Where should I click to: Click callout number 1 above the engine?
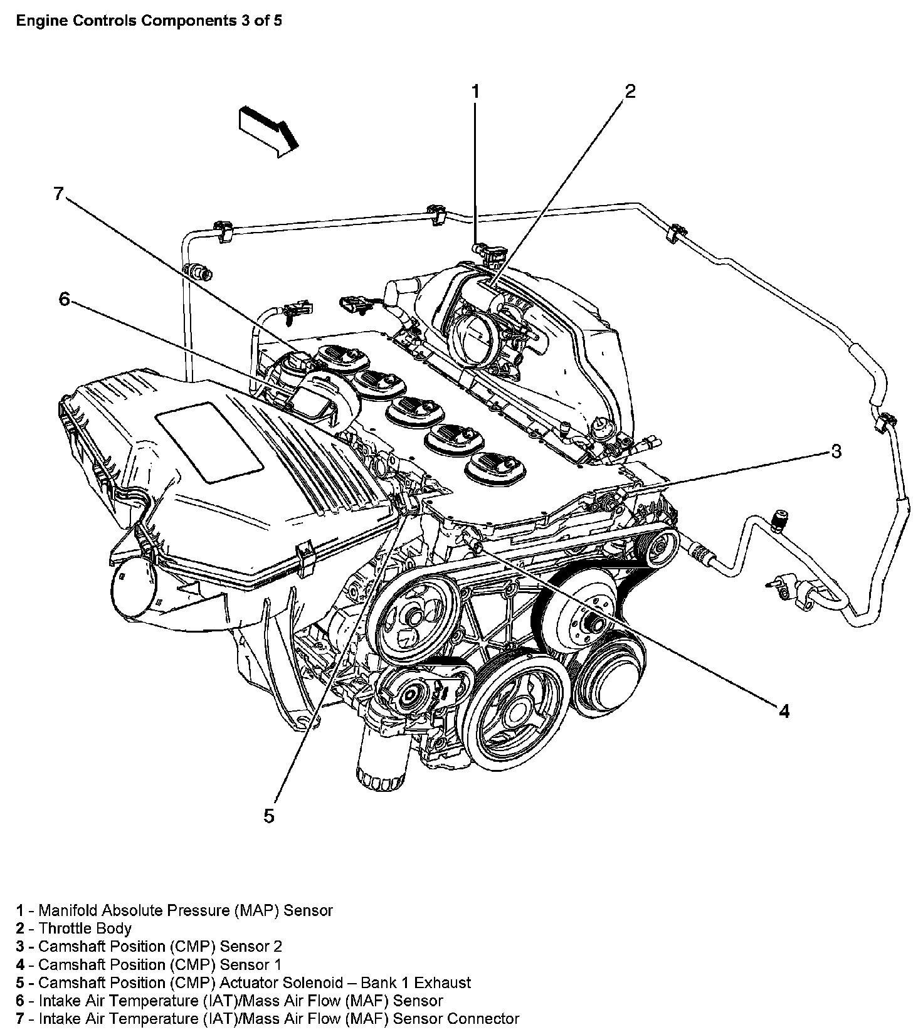coord(475,92)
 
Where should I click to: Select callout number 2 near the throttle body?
coord(630,92)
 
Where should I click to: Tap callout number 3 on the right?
coord(836,451)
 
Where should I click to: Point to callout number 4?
coord(784,710)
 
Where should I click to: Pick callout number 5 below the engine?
coord(269,816)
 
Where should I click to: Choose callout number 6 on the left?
coord(65,299)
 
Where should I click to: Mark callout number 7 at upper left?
coord(58,194)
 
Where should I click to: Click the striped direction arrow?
coord(268,131)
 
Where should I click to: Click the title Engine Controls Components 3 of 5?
coord(149,21)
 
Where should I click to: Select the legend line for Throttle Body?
coord(74,928)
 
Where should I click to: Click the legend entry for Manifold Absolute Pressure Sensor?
coord(174,910)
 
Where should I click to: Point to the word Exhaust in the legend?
coord(443,982)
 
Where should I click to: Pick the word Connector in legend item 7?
coord(483,1019)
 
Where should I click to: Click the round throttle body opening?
coord(475,337)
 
